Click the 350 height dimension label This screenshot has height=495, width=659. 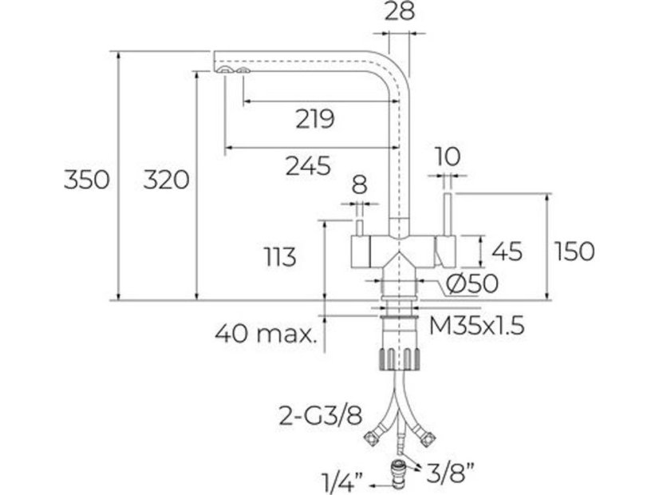point(86,180)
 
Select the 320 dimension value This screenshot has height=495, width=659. point(166,180)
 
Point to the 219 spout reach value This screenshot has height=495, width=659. point(314,120)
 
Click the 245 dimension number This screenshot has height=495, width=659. point(307,166)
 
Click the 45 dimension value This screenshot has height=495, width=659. point(507,251)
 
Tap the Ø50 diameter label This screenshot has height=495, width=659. point(472,283)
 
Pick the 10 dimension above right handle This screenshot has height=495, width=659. point(448,156)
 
